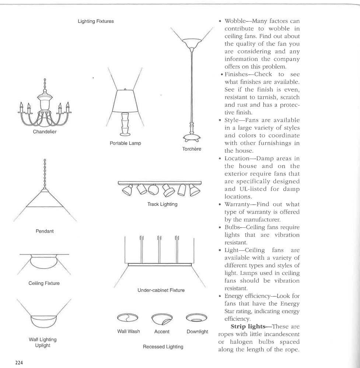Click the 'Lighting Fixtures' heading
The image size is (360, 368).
tap(95, 21)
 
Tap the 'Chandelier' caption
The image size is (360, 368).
tap(45, 132)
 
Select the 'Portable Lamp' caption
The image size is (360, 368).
tap(125, 143)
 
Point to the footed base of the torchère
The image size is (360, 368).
tap(191, 138)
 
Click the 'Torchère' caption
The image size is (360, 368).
tap(192, 149)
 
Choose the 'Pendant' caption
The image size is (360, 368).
tap(45, 231)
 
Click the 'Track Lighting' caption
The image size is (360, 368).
tap(162, 204)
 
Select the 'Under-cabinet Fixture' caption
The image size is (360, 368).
tap(161, 290)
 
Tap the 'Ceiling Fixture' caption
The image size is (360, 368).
tap(44, 283)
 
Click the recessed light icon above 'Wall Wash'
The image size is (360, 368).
tap(127, 318)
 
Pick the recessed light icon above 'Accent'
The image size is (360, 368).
tap(162, 318)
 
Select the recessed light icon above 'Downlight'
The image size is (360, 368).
tap(197, 318)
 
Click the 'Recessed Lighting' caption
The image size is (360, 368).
tap(163, 347)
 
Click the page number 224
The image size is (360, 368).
tap(19, 362)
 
